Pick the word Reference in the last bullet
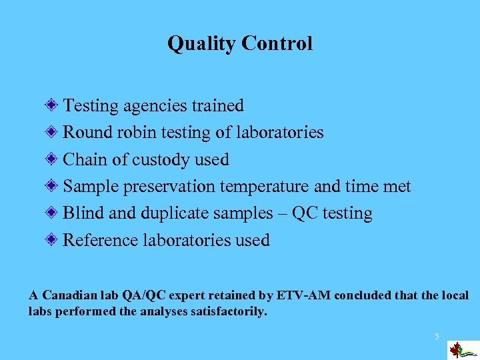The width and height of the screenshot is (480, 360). tap(101, 240)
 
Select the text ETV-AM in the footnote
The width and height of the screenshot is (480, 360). tap(315, 295)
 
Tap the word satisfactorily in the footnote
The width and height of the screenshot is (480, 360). tap(225, 311)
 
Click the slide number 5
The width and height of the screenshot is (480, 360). tap(437, 337)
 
